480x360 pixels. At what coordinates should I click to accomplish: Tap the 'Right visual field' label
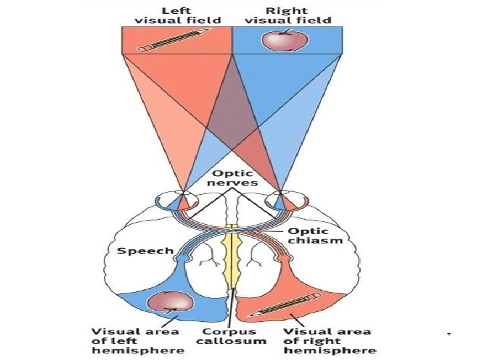pos(288,15)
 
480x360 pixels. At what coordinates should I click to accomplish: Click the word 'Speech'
pos(145,251)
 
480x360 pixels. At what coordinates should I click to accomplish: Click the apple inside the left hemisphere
pos(172,302)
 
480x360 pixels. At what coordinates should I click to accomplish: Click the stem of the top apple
pos(287,31)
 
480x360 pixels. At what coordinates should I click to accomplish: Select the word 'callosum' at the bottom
pos(231,341)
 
